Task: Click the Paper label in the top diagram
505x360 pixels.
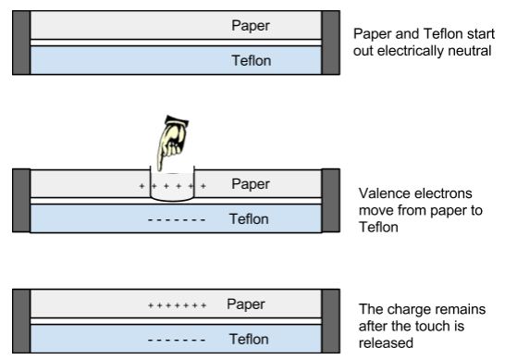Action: pos(251,26)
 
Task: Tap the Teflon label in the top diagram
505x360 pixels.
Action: pos(252,60)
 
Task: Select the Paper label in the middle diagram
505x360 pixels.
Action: pos(251,184)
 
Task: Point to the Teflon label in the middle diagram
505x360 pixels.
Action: pos(249,219)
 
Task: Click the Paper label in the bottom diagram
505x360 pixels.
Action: pos(246,304)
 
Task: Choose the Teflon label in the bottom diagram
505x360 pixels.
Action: pos(249,340)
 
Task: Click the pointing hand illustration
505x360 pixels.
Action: pos(173,143)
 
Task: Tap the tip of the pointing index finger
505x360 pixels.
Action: pos(159,170)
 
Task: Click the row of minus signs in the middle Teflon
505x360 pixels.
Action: pos(177,220)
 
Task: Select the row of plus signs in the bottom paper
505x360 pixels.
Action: pos(177,305)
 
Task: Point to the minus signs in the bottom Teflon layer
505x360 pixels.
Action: pos(177,340)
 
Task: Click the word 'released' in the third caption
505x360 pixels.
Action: pos(386,343)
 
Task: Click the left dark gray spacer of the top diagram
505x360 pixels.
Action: pos(21,43)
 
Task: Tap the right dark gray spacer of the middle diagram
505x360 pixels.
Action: pos(331,201)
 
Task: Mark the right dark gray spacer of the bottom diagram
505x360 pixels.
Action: pos(331,321)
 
